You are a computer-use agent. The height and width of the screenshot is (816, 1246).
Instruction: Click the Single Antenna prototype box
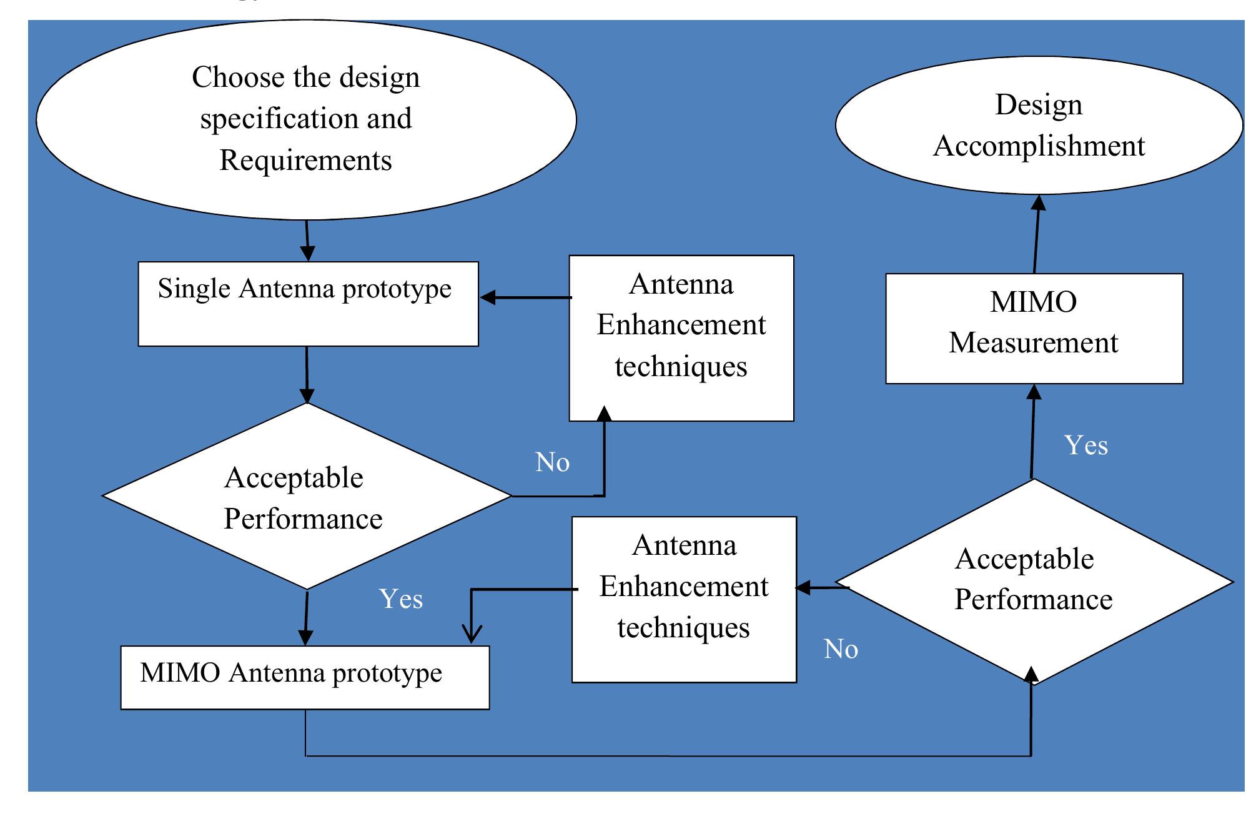coord(308,304)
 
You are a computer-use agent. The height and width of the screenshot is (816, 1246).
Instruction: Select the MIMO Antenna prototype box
coord(305,677)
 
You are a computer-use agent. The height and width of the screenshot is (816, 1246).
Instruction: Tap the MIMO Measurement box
coord(1034,328)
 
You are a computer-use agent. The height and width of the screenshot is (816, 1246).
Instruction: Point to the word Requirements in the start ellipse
coord(305,161)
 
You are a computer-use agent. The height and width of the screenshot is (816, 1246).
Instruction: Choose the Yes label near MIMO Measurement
coord(1086,446)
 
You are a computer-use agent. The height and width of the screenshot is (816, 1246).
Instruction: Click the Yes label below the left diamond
coord(400,599)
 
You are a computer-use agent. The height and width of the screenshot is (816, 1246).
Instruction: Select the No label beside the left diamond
coord(552,463)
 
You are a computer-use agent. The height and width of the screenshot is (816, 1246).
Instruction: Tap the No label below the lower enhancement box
coord(841,650)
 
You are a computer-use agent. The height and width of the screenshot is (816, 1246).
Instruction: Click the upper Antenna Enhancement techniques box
coord(681,337)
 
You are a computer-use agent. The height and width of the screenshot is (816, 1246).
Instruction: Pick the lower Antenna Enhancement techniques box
coord(684,599)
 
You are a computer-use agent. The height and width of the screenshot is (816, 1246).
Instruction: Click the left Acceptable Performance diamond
coord(306,496)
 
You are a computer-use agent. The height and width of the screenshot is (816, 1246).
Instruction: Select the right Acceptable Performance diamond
coord(1034,581)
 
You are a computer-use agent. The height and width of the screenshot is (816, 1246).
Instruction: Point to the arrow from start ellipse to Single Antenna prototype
coord(307,241)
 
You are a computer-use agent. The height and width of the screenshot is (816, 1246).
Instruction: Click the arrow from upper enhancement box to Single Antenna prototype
coord(525,297)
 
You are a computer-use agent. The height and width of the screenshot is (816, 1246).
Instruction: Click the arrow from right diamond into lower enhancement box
coord(821,587)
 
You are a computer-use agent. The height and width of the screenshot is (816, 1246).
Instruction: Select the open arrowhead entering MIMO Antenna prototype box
coord(471,634)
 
